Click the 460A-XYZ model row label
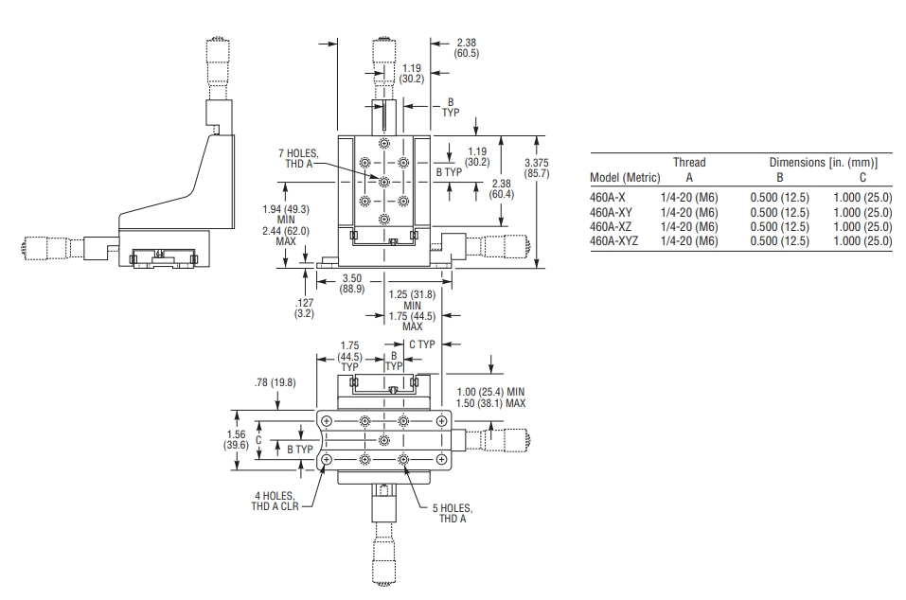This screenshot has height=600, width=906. (x=613, y=240)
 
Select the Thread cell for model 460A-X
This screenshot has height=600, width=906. (x=689, y=198)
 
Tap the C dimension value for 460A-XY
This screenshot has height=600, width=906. (x=862, y=213)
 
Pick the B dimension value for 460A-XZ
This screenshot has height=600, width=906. (x=779, y=227)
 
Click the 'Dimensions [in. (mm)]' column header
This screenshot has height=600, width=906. (x=824, y=162)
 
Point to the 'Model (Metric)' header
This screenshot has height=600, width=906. (x=625, y=177)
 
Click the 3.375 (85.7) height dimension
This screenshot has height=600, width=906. (x=537, y=168)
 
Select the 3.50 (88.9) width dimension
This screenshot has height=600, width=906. (x=352, y=284)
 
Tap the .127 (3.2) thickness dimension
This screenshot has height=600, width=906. (x=304, y=308)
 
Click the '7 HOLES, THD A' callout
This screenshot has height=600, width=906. (x=298, y=158)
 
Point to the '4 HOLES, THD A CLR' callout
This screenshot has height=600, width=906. (x=275, y=501)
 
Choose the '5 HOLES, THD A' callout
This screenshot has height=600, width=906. (x=453, y=513)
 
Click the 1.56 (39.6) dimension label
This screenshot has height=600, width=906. (x=236, y=439)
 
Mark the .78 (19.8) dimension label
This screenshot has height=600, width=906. (x=275, y=382)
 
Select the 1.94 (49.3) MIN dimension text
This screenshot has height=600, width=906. (x=286, y=214)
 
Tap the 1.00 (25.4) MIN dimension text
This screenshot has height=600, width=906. (x=490, y=392)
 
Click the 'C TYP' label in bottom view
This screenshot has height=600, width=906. (x=422, y=344)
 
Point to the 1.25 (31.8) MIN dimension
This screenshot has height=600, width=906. (x=412, y=300)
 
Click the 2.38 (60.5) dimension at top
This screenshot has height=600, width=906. (x=467, y=48)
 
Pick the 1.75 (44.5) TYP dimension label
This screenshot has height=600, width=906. (x=349, y=356)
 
